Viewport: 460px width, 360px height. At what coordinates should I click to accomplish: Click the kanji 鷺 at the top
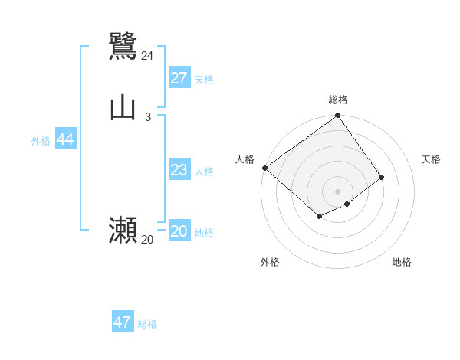123,45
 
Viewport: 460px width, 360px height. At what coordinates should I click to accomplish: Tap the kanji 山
123,108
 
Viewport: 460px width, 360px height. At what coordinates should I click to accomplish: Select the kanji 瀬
123,230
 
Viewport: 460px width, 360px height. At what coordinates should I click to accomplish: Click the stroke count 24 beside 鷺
147,55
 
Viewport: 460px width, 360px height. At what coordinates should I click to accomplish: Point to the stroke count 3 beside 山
148,117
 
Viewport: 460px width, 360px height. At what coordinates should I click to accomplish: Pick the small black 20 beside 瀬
147,240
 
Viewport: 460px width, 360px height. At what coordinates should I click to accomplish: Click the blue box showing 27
179,78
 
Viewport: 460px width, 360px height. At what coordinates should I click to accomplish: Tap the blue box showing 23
179,170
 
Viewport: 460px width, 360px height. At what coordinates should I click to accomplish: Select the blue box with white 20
179,231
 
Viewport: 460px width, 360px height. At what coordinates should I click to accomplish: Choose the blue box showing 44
66,139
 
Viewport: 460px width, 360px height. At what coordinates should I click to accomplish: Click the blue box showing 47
123,322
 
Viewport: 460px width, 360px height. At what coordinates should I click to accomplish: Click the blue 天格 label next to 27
204,80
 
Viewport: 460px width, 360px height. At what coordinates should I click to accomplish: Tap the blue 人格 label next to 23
204,172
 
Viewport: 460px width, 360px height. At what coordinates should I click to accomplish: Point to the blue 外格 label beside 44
41,141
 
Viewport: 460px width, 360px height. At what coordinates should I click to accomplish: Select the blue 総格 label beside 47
147,324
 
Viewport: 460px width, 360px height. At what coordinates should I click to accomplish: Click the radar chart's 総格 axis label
338,100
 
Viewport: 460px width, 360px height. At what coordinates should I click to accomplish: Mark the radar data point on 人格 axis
264,168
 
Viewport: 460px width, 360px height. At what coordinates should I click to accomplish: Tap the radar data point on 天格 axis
382,177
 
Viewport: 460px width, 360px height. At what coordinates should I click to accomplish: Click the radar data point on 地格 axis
347,204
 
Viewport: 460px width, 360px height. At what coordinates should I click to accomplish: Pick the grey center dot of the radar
337,191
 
